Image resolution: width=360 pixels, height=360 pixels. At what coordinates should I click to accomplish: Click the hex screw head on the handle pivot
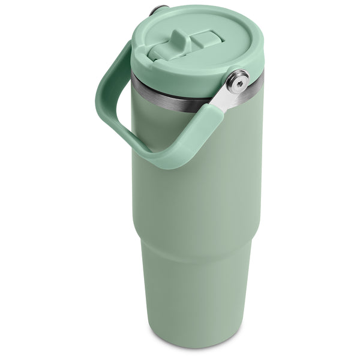(x=238, y=81)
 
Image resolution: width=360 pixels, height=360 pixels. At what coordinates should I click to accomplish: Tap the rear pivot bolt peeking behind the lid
(x=158, y=10)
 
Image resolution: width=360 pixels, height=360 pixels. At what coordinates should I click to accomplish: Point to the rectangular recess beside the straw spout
(x=206, y=40)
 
